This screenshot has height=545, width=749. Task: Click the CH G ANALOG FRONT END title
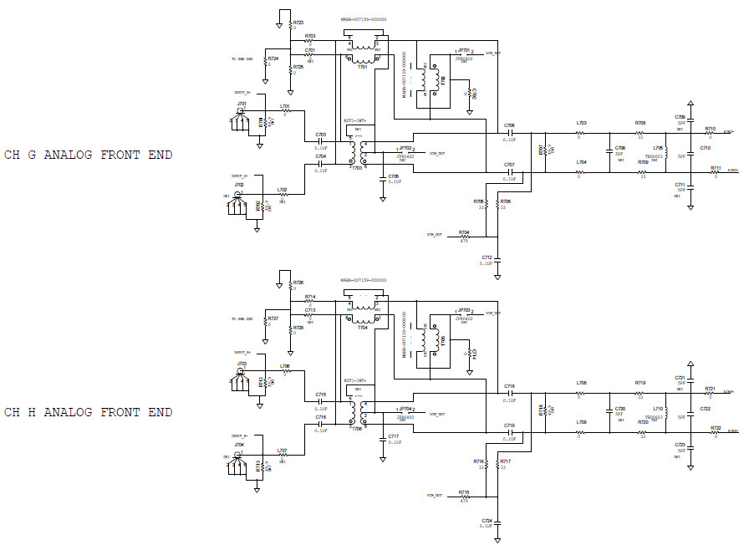click(88, 155)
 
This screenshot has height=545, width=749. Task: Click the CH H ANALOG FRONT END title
click(88, 412)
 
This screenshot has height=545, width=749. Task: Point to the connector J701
click(240, 117)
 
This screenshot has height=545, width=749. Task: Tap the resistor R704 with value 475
click(465, 237)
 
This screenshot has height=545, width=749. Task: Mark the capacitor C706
click(509, 132)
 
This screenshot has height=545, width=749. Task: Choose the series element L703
click(580, 132)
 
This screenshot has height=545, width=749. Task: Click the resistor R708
click(640, 132)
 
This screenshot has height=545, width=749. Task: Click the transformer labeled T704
click(362, 309)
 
